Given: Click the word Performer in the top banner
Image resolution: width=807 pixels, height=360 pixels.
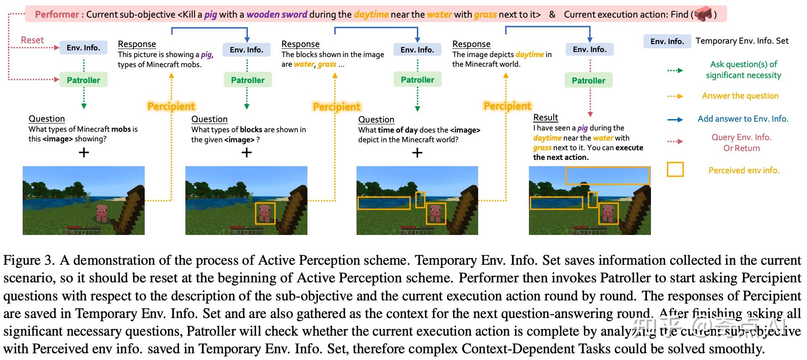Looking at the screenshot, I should click(x=57, y=14).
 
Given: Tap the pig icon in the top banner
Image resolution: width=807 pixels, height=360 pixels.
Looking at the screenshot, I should click(x=703, y=15).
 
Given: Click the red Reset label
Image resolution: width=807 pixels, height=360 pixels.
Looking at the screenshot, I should click(x=32, y=40).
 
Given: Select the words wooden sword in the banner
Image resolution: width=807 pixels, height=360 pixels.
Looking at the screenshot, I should click(x=277, y=14).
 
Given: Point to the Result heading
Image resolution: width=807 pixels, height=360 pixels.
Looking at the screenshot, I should click(x=545, y=117).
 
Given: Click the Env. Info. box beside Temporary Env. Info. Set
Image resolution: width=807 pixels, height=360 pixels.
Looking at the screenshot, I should click(x=667, y=41).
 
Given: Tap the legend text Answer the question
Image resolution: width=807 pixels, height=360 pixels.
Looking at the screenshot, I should click(x=740, y=96).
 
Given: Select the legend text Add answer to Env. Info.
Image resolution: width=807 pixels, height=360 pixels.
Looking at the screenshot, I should click(x=743, y=119).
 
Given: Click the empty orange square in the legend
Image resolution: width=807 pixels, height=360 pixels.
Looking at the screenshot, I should click(x=675, y=170).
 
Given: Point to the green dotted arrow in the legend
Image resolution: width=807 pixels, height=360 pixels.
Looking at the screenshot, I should click(x=675, y=70).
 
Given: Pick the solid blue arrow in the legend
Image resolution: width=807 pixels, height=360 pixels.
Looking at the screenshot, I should click(x=675, y=120).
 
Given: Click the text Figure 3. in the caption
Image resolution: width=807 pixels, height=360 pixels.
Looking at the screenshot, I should click(x=29, y=261).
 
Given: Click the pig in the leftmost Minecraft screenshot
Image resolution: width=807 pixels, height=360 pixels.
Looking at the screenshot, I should click(x=102, y=213).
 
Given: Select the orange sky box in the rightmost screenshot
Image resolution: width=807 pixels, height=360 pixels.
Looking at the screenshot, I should click(x=607, y=175).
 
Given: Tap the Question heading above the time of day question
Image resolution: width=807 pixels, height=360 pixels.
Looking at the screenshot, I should click(x=376, y=120).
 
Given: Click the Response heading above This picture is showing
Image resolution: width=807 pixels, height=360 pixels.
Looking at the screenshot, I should click(x=137, y=44).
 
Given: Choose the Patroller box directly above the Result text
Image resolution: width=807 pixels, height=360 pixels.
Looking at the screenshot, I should click(x=588, y=81).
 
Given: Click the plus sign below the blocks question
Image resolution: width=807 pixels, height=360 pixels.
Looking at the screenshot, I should click(x=247, y=152).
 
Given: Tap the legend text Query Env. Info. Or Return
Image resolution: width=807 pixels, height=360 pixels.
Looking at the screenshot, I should click(x=741, y=143).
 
